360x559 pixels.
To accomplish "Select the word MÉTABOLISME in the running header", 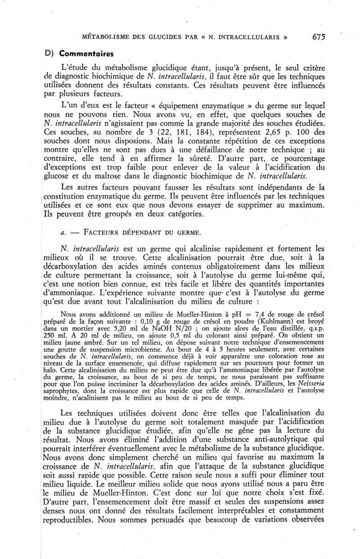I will click(x=104, y=37).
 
